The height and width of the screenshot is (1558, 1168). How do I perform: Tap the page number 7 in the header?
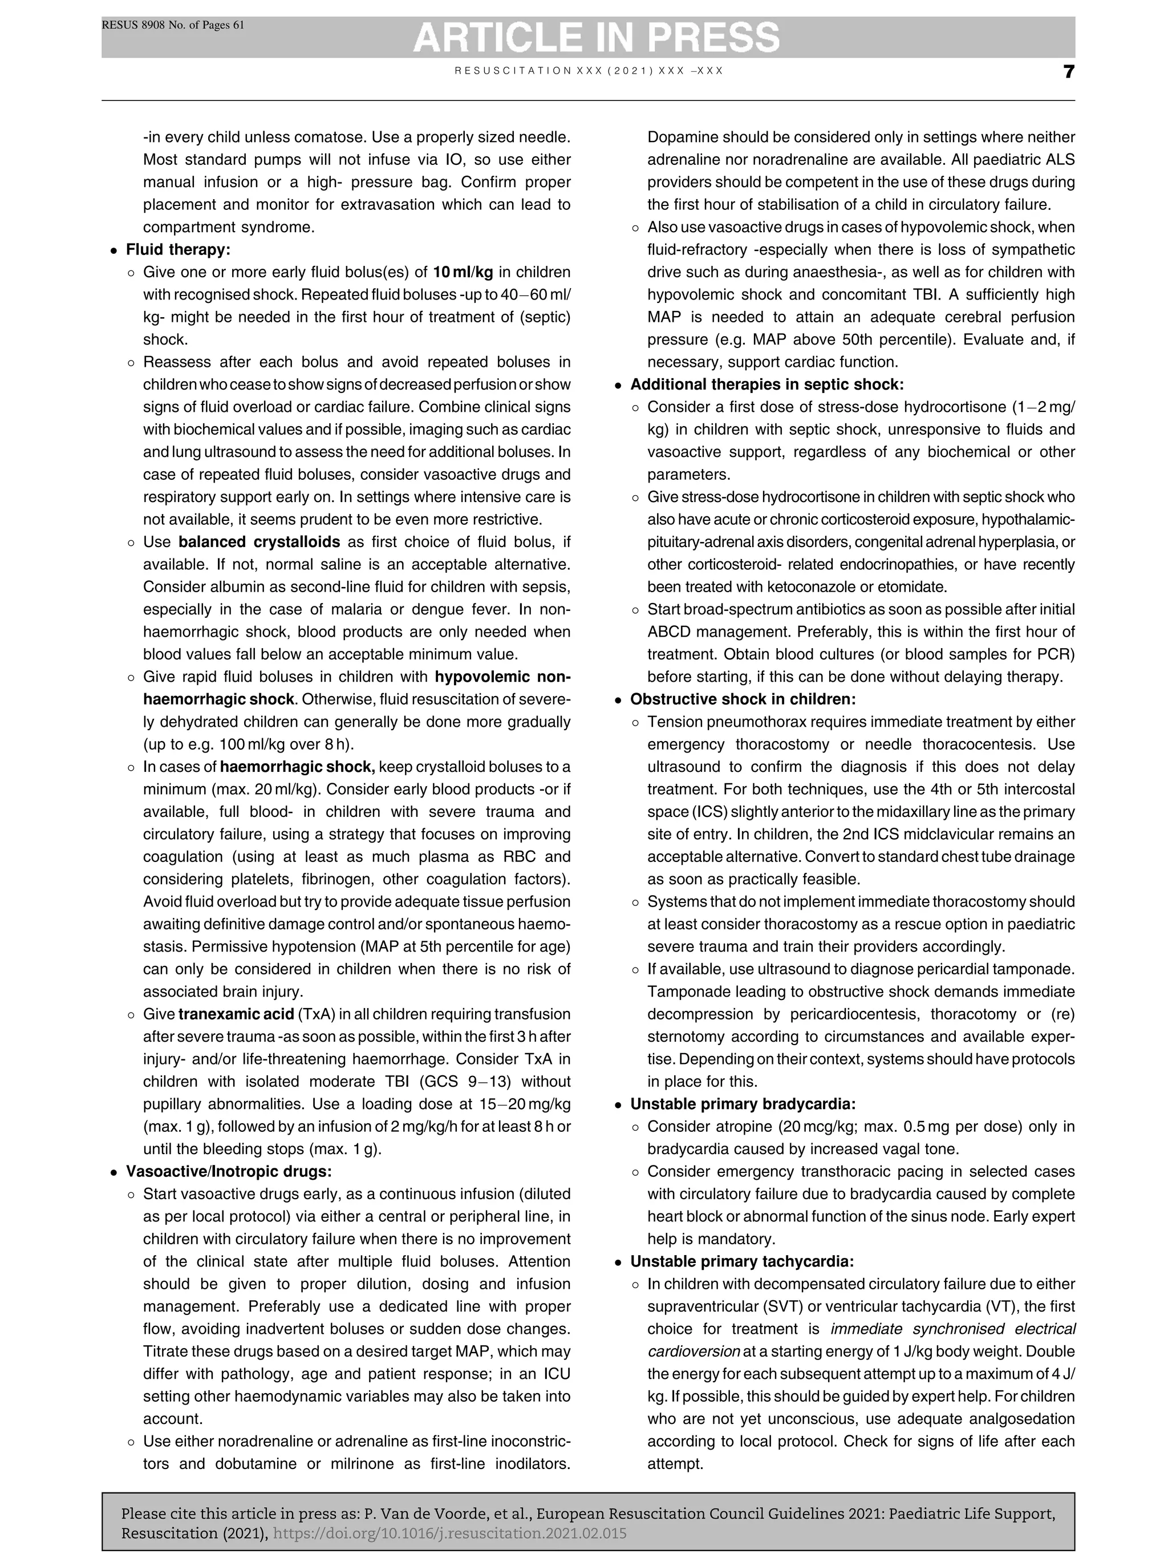1068,72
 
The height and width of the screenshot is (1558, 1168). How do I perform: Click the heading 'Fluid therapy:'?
177,250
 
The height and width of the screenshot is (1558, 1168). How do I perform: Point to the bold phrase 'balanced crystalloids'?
258,543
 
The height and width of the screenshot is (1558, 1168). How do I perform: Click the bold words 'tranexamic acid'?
235,1014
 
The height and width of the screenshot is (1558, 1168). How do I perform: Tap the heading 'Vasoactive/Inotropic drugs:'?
228,1171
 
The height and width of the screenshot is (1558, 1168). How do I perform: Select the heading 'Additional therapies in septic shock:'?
766,385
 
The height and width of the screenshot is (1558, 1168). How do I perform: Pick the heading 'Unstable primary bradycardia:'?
742,1104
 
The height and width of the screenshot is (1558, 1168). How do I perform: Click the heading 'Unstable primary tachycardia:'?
741,1261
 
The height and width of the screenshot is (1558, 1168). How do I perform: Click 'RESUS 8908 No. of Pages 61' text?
173,25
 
